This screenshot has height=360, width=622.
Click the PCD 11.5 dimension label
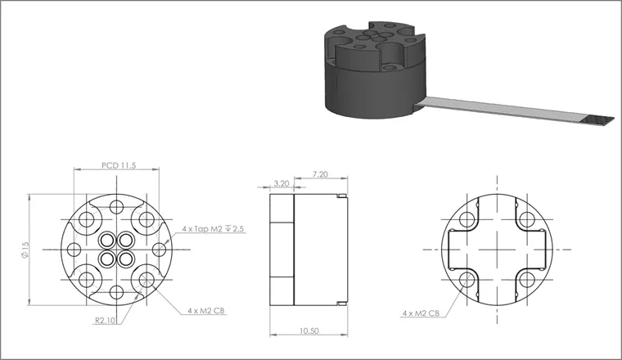[119, 165]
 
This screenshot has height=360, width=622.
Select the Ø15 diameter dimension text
[26, 250]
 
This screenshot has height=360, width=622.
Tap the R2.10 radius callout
[105, 321]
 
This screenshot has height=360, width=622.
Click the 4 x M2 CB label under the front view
[206, 311]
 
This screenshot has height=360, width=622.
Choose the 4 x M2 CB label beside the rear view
[421, 313]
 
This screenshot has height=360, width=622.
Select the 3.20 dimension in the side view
[282, 183]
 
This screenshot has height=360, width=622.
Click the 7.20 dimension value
[320, 174]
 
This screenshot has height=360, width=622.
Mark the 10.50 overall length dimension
[309, 331]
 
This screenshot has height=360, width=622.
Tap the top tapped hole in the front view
[116, 207]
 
